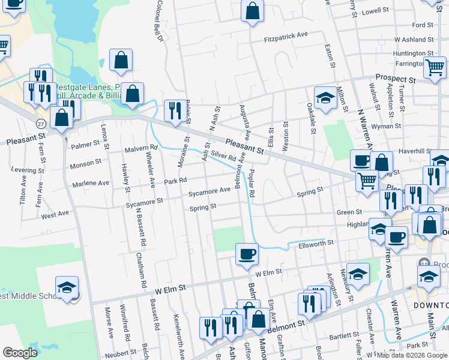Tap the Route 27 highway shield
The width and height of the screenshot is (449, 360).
coord(40,123)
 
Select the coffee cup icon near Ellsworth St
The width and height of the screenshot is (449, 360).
coord(247,254)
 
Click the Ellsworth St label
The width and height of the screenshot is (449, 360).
coord(310,242)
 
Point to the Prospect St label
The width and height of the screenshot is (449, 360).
coord(396,79)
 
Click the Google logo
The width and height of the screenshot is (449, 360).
coord(20,353)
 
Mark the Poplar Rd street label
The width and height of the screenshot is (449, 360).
coord(252,184)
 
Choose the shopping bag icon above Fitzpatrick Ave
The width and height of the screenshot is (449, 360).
coord(252,10)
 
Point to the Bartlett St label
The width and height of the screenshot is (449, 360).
coord(343,335)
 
